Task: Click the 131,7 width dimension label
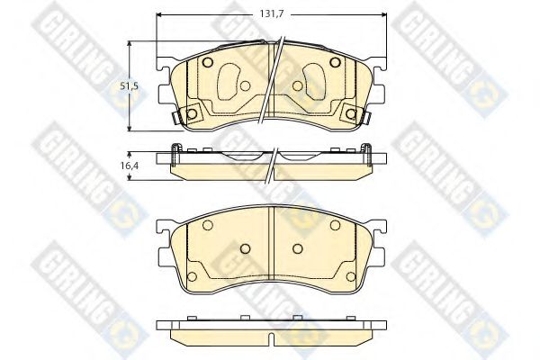(x=272, y=14)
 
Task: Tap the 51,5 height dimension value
(x=129, y=86)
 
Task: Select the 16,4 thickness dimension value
(x=130, y=166)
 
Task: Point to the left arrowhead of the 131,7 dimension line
(x=159, y=14)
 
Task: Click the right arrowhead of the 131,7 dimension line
(x=383, y=14)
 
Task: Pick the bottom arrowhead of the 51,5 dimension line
(x=130, y=128)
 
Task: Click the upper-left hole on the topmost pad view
(x=208, y=62)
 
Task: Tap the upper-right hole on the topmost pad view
(x=335, y=62)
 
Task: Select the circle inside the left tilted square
(x=192, y=113)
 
